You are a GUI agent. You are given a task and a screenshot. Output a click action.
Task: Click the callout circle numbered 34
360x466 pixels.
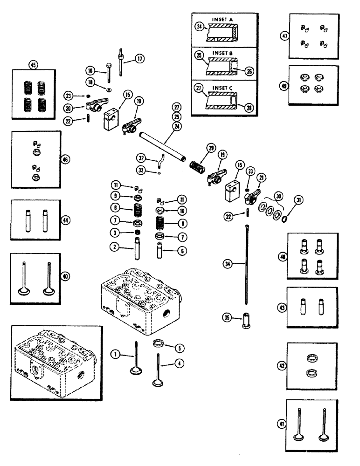(227, 265)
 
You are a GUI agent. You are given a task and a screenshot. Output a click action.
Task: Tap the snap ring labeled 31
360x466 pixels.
(284, 217)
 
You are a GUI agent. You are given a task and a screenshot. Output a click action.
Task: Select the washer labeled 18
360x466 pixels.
(108, 89)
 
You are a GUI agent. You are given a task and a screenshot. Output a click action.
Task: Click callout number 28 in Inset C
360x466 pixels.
(249, 106)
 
